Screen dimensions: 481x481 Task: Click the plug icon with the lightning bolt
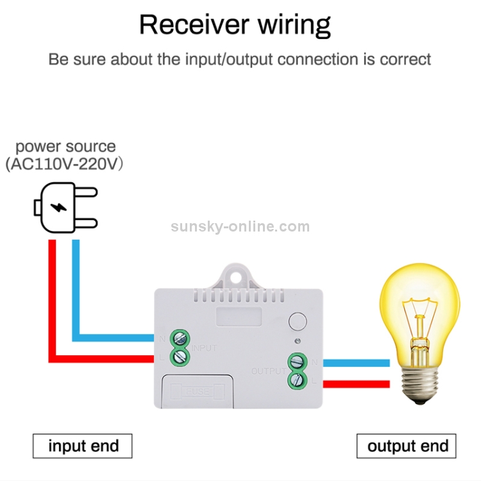pyautogui.click(x=64, y=207)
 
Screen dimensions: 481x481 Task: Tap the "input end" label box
pyautogui.click(x=83, y=446)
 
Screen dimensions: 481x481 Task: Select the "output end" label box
pyautogui.click(x=407, y=446)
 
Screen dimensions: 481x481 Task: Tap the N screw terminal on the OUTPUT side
pyautogui.click(x=296, y=362)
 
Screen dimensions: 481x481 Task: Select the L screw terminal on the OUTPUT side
pyautogui.click(x=296, y=380)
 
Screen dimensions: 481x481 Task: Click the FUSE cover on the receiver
pyautogui.click(x=198, y=391)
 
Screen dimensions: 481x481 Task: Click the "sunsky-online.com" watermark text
pyautogui.click(x=240, y=226)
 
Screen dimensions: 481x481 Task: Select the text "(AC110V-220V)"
pyautogui.click(x=64, y=164)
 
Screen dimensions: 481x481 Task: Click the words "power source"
pyautogui.click(x=65, y=147)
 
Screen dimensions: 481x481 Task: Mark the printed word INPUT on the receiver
pyautogui.click(x=205, y=348)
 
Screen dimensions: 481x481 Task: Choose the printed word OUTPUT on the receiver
pyautogui.click(x=268, y=371)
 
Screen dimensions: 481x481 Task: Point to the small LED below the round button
pyautogui.click(x=296, y=339)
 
